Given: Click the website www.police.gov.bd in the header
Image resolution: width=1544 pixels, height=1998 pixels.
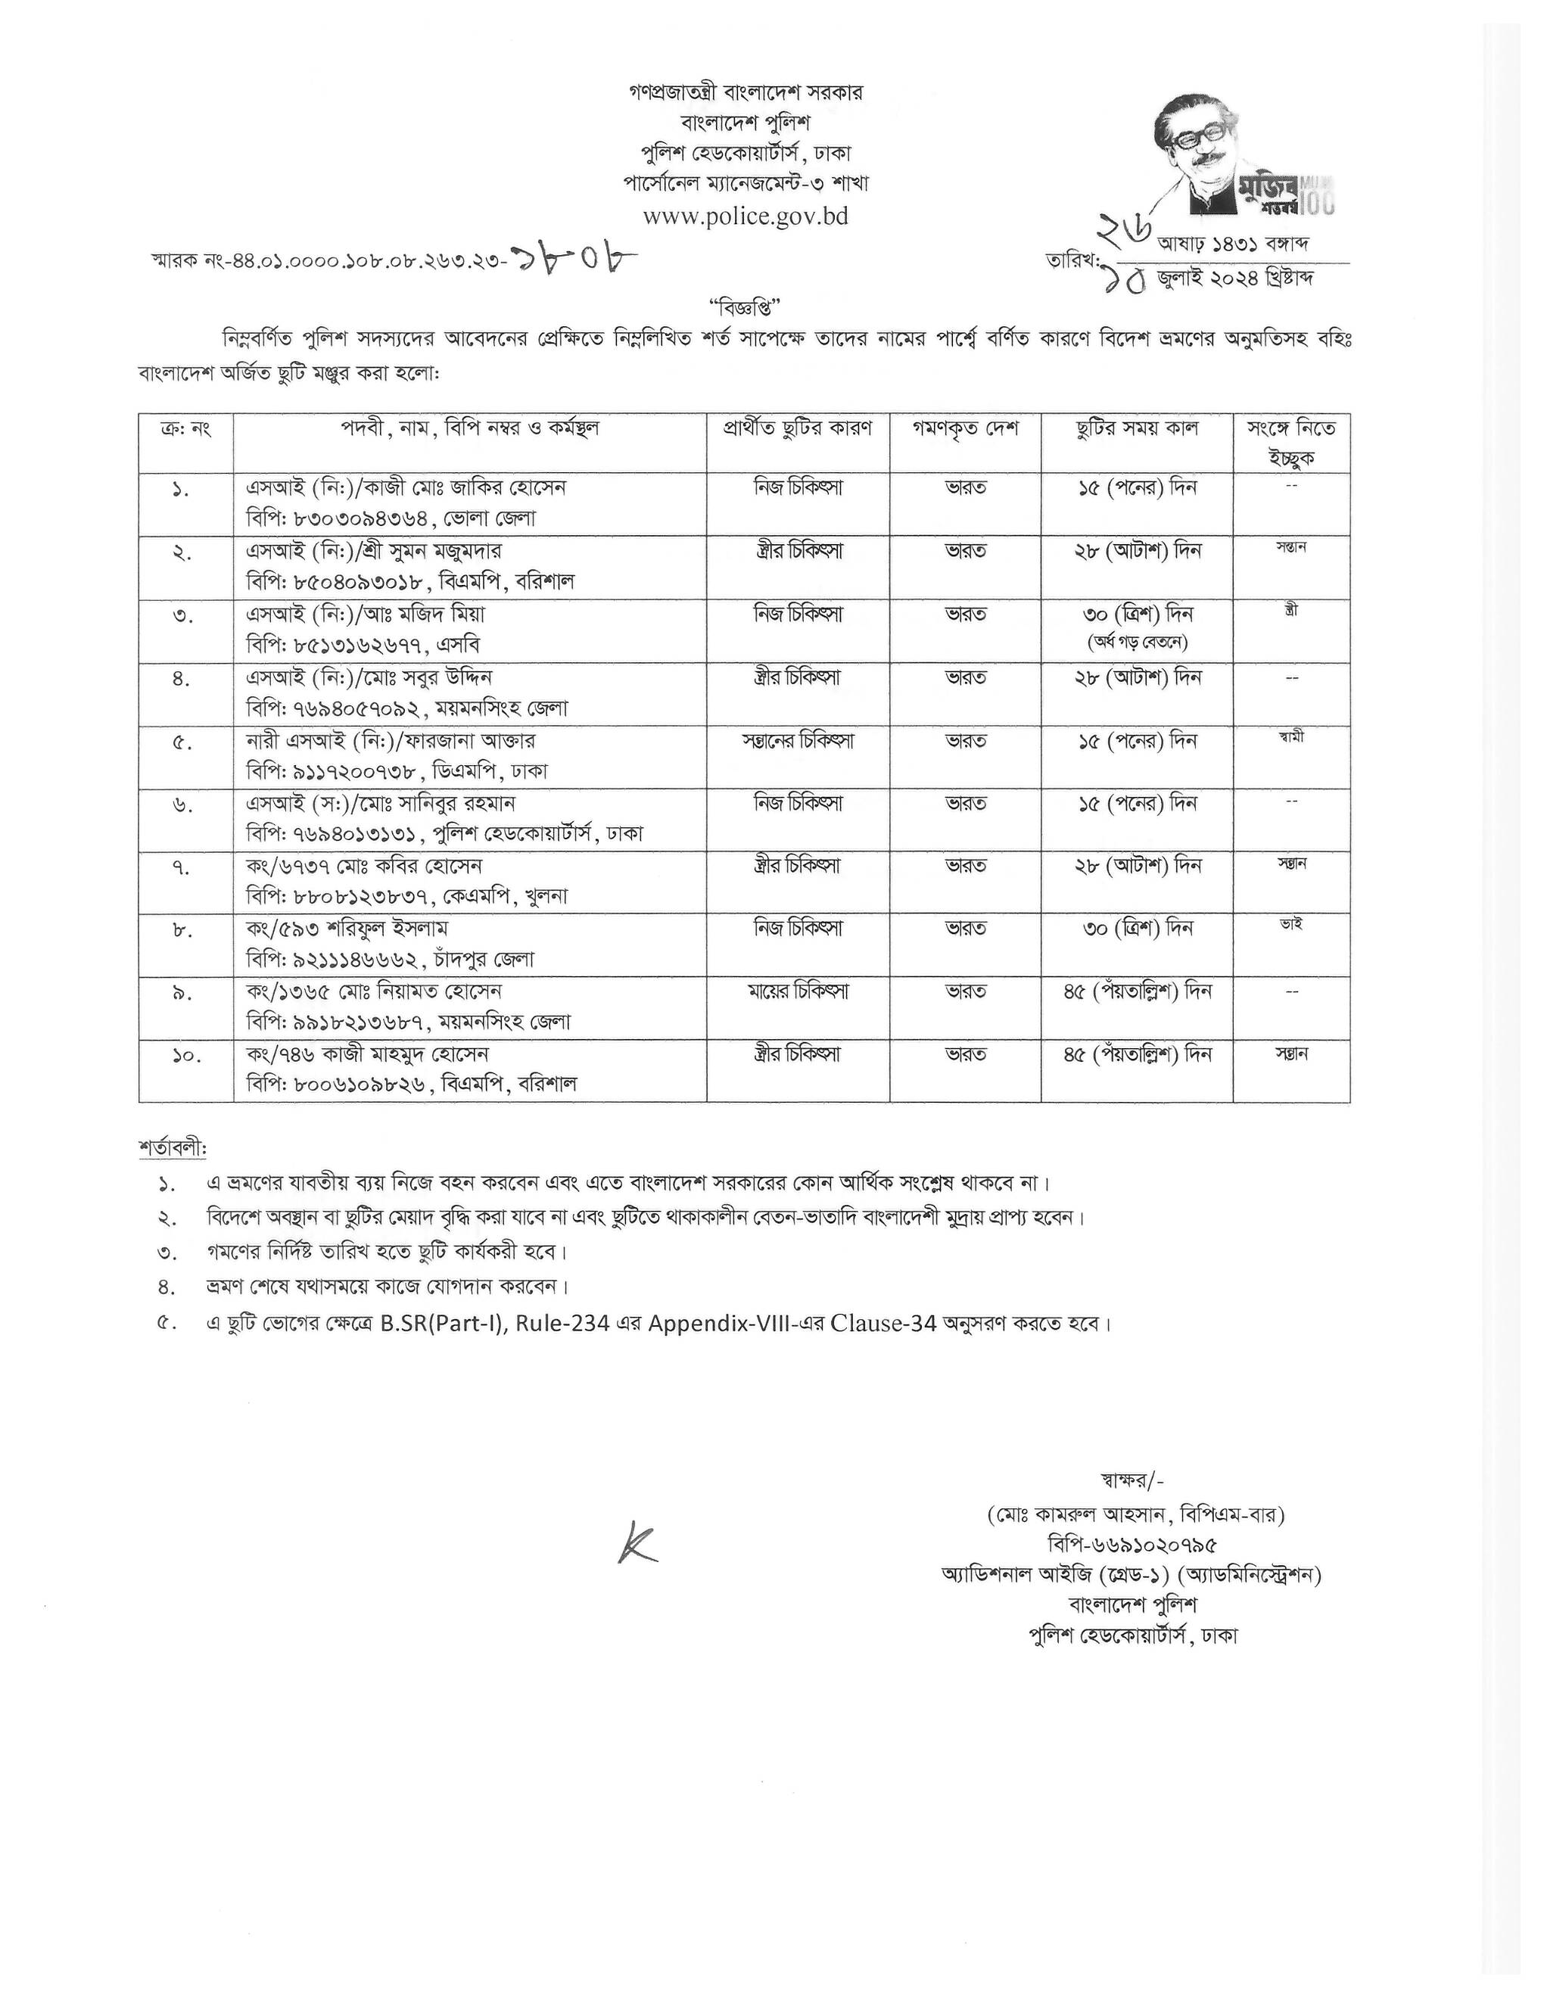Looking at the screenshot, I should click(x=745, y=216).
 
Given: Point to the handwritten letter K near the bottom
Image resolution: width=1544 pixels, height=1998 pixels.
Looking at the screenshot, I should click(x=637, y=1542).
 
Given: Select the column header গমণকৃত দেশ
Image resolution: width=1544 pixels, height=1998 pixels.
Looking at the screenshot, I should click(x=965, y=429).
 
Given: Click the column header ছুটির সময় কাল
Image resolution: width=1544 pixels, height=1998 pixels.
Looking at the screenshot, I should click(x=1136, y=429).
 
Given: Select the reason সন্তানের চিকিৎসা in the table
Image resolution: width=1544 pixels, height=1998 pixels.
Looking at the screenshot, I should click(x=798, y=740).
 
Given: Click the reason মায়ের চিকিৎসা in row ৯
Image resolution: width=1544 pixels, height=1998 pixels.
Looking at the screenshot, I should click(x=798, y=991).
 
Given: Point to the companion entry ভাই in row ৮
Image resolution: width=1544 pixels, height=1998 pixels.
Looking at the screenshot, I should click(x=1290, y=926).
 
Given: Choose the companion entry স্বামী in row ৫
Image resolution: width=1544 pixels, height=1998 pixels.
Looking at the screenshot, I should click(x=1290, y=736).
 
